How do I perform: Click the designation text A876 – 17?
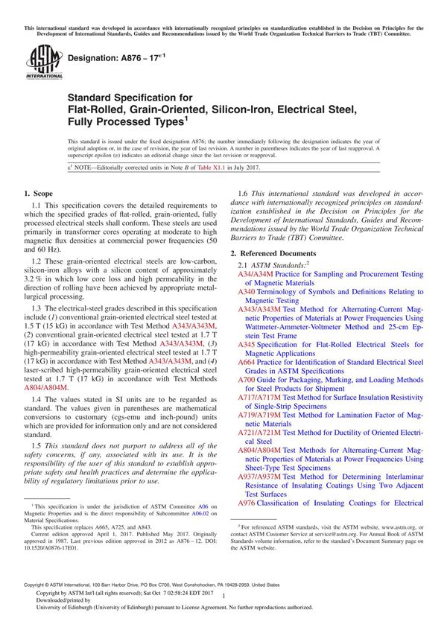click(114, 57)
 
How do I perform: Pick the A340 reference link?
click(247, 293)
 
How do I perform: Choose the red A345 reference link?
click(247, 345)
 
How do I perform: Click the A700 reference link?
click(247, 379)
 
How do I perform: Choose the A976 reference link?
click(247, 502)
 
